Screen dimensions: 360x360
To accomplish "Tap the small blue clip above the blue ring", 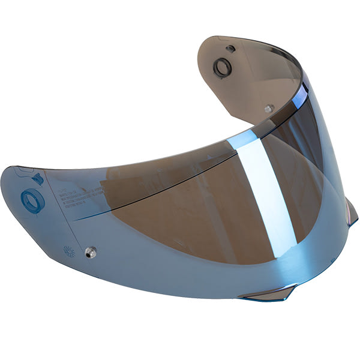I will click(x=36, y=178).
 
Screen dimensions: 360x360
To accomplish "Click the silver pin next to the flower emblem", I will click(x=90, y=251).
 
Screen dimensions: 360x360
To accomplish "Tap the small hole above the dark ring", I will click(x=230, y=48).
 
